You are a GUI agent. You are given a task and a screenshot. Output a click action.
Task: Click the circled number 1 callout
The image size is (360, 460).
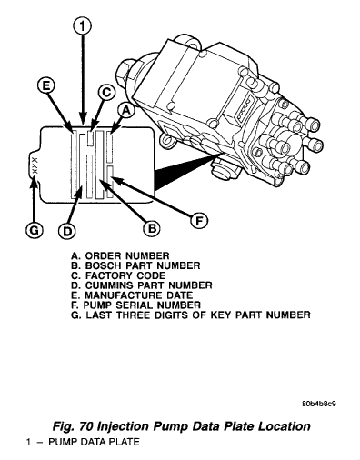[x=84, y=27]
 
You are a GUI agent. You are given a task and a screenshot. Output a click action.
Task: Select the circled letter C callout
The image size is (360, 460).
[x=106, y=92]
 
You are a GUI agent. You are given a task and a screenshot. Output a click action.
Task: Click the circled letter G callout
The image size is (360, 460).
[x=34, y=231]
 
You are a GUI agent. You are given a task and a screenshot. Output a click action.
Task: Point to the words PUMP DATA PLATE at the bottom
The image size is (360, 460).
[x=83, y=442]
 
